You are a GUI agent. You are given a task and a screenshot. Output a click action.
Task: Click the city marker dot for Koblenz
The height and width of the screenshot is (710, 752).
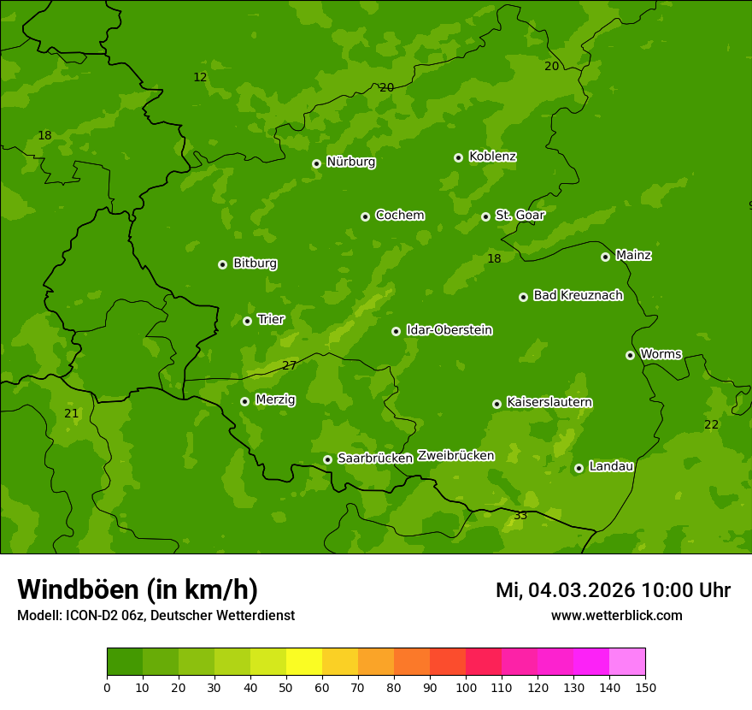458,157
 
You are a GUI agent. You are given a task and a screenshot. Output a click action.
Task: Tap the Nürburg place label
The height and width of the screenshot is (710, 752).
350,162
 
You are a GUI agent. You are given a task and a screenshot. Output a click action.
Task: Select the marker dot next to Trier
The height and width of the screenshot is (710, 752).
247,321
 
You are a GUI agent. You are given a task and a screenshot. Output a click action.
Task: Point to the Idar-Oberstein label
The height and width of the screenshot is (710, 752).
449,330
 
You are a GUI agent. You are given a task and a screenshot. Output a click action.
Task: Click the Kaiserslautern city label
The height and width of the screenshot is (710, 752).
549,402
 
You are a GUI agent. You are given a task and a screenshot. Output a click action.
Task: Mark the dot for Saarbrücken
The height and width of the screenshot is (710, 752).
327,459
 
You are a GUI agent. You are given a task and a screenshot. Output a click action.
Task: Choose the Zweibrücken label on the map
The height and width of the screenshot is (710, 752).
455,456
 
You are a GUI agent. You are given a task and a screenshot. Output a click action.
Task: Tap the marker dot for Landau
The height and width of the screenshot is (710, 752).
579,468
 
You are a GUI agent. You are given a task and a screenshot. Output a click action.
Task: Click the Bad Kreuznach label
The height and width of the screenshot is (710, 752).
578,295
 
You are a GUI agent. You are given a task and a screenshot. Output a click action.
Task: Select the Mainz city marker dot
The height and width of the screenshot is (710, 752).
605,257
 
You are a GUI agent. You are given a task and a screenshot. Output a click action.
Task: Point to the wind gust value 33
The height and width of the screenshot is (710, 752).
520,515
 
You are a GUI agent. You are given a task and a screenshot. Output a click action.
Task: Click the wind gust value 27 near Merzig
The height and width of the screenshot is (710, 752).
290,365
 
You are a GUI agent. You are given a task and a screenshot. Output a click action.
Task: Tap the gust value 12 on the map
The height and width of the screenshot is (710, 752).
200,77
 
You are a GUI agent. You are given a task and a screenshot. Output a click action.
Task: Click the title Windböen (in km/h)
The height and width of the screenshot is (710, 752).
138,589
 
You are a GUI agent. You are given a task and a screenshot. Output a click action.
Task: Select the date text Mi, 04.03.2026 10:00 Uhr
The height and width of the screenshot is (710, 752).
613,590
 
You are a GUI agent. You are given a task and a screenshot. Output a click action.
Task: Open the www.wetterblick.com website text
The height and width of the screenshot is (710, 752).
616,615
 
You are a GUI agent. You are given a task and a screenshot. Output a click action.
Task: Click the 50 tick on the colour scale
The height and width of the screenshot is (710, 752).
286,687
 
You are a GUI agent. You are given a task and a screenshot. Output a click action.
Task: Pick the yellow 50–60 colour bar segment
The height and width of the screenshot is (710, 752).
304,662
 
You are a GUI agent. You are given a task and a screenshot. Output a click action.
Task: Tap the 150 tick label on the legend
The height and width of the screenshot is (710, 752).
645,687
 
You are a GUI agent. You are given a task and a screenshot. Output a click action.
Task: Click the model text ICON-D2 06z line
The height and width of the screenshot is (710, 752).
156,615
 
